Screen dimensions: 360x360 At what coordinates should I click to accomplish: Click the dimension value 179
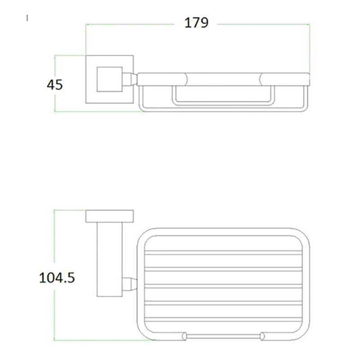(197, 22)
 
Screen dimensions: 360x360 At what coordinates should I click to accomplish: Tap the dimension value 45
(54, 84)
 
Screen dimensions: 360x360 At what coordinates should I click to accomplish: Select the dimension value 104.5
(56, 277)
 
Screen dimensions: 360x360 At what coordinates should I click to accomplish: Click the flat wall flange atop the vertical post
(110, 216)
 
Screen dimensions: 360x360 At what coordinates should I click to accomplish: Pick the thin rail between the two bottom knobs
(223, 336)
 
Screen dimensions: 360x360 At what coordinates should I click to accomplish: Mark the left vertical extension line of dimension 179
(86, 40)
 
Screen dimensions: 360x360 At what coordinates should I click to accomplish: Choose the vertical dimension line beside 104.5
(54, 315)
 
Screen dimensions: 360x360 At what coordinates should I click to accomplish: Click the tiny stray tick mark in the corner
(28, 18)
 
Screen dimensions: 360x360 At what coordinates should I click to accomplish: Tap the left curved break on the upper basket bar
(185, 79)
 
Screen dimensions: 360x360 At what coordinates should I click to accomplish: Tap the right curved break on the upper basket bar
(262, 79)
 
